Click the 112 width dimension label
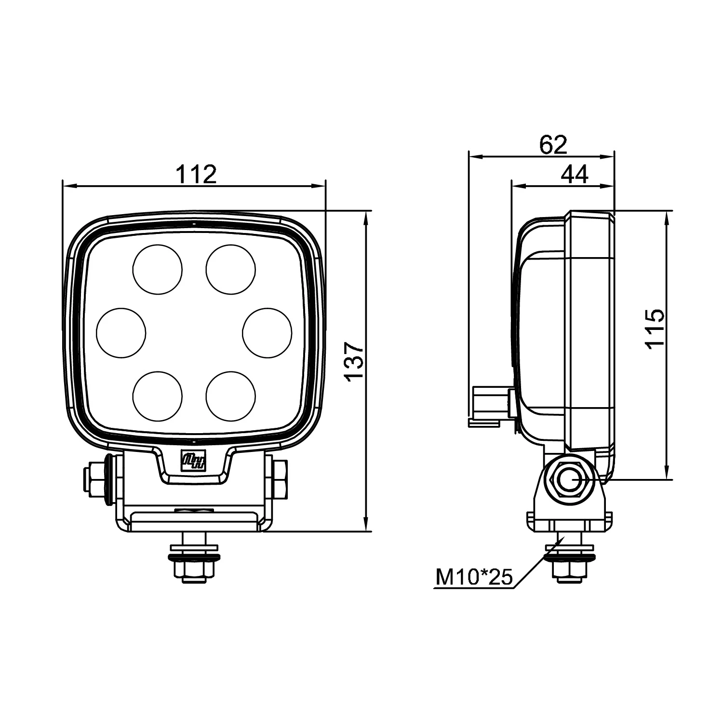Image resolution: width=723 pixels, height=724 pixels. coord(196,174)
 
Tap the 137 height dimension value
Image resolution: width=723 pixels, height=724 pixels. coord(354,361)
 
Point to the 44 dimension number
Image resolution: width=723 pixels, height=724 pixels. coord(575,174)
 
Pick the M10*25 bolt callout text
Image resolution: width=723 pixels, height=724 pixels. coord(474,577)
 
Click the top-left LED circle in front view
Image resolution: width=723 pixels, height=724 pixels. coord(158,269)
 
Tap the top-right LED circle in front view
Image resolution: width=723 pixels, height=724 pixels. coord(231,269)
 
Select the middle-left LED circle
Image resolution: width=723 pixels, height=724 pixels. coord(121,333)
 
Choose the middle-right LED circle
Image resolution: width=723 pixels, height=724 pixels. coord(267,333)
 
